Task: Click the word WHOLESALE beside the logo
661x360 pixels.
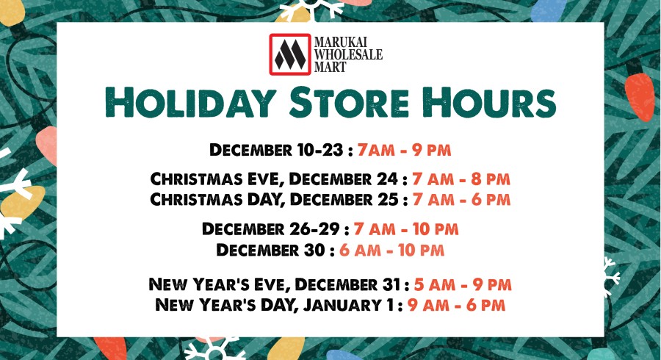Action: click(x=348, y=54)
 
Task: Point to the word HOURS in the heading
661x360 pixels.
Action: click(x=488, y=104)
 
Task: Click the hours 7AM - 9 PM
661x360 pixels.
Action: click(x=404, y=150)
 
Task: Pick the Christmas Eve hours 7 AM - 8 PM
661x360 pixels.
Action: click(x=462, y=179)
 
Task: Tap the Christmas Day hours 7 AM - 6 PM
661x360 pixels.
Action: click(x=462, y=199)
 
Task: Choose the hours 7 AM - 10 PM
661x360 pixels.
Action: click(x=406, y=229)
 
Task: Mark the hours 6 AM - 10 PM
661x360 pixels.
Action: click(x=392, y=250)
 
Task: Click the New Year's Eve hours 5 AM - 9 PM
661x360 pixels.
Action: click(x=463, y=284)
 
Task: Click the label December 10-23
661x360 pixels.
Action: click(x=276, y=150)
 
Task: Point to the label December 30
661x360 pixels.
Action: click(x=271, y=250)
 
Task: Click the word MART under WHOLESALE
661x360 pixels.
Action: click(x=330, y=67)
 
